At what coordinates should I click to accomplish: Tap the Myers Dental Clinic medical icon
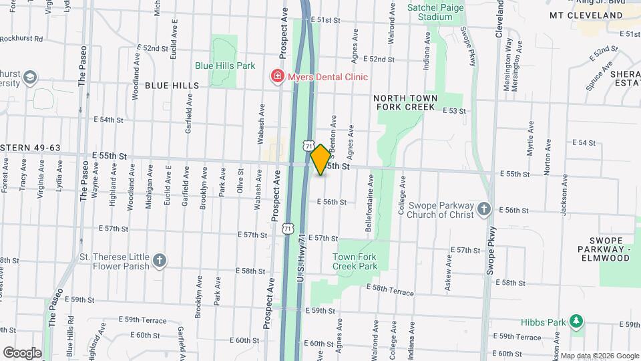click(x=276, y=77)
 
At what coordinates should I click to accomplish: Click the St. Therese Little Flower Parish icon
click(x=160, y=261)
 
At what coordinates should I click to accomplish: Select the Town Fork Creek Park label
click(x=355, y=261)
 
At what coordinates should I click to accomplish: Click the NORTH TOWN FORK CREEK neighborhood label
click(x=405, y=102)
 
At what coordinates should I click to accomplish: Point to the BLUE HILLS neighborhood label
click(x=172, y=86)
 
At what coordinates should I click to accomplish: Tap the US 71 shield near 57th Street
click(x=287, y=229)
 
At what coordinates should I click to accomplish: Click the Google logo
click(x=22, y=352)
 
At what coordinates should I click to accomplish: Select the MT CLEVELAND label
click(x=586, y=15)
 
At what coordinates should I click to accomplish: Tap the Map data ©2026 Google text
click(x=600, y=356)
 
